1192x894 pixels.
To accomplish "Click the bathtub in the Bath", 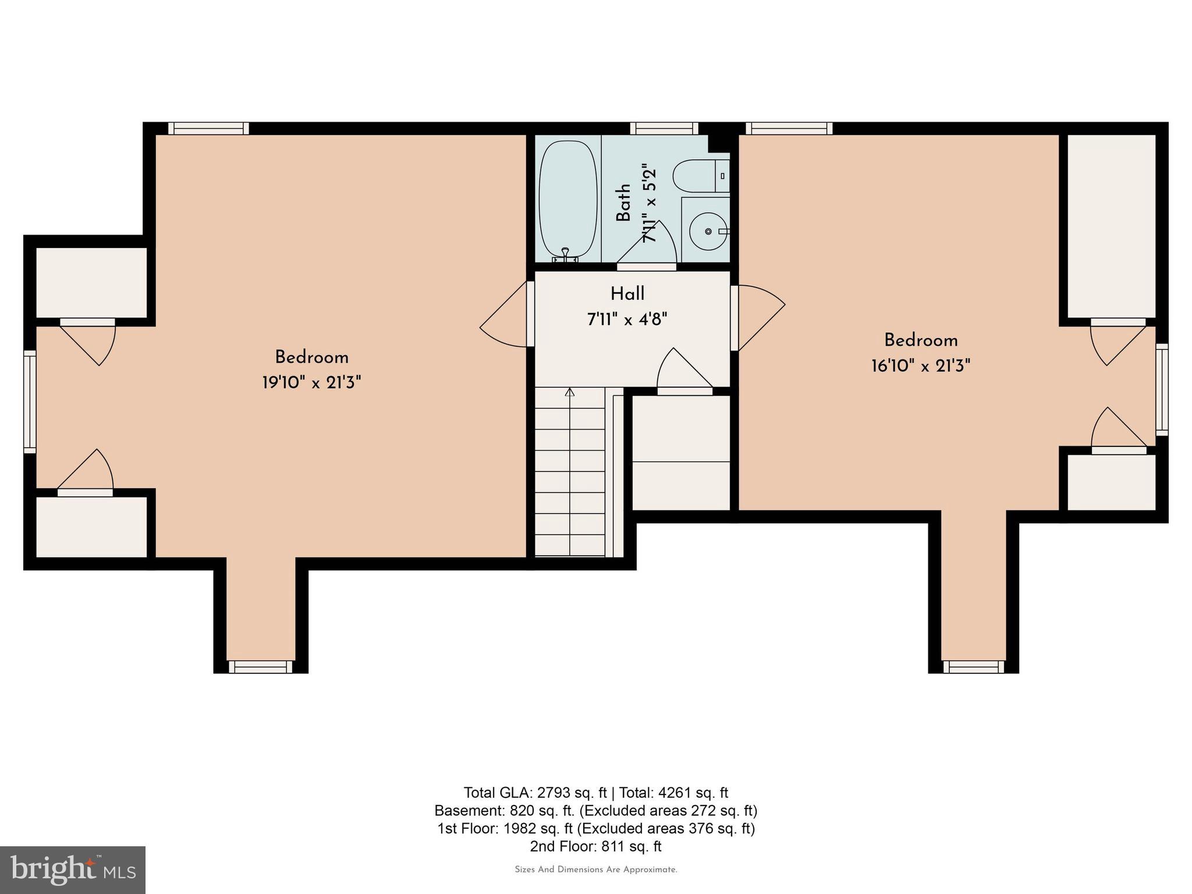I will (567, 198).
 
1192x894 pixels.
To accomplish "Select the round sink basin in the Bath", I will (708, 231).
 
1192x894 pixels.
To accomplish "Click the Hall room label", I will (627, 294).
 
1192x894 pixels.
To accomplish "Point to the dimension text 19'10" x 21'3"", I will (311, 383).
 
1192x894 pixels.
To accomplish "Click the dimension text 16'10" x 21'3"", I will (920, 366).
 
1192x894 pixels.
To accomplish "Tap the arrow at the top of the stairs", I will (570, 393).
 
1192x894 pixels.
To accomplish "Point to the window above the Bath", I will (664, 128).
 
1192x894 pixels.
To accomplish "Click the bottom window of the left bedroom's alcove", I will (260, 667).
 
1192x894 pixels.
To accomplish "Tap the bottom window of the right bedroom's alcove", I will (973, 667).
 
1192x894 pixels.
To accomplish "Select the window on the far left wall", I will (30, 402).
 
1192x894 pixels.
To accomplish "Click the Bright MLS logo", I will (73, 870).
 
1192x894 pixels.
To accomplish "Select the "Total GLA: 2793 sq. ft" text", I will (535, 793).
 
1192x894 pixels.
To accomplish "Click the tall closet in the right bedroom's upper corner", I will (1111, 226).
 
